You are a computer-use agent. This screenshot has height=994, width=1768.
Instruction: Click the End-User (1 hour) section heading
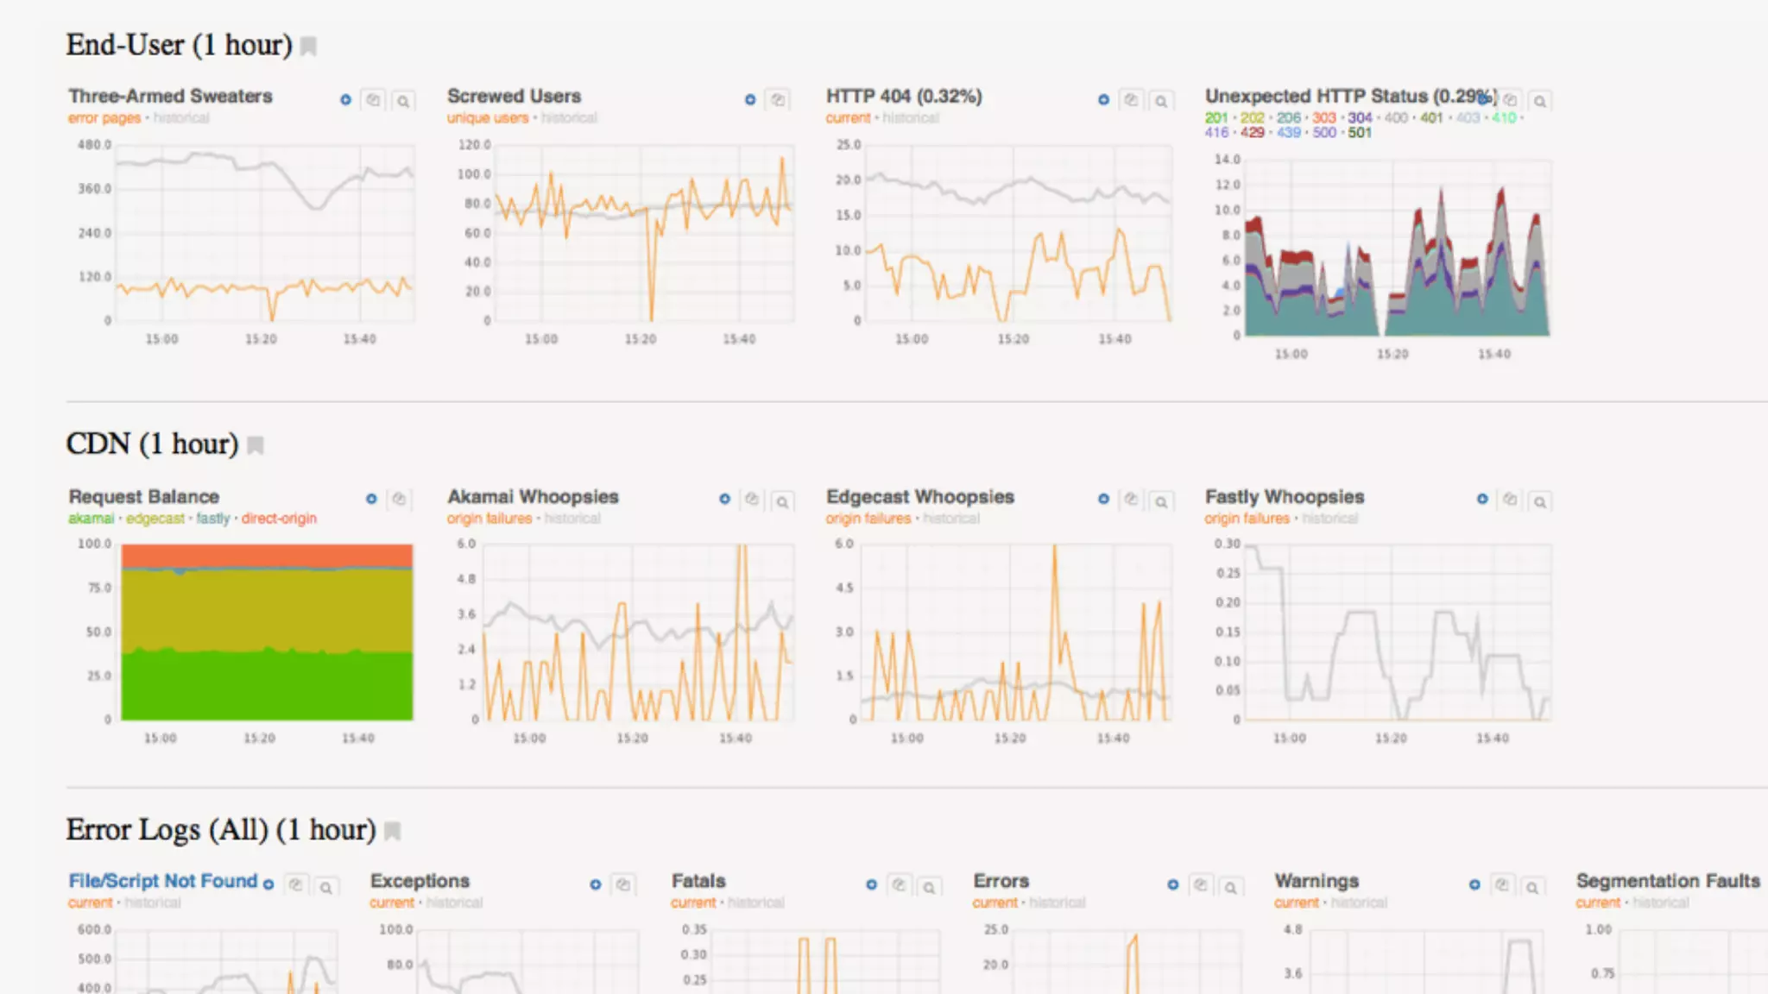click(x=180, y=45)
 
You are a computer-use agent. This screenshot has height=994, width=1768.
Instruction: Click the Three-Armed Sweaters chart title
click(x=170, y=96)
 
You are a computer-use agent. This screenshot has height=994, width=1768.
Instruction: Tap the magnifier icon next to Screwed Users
click(x=778, y=100)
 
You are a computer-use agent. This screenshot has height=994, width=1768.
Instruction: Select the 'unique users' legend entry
click(x=487, y=118)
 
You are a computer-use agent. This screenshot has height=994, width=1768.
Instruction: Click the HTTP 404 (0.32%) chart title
click(x=903, y=96)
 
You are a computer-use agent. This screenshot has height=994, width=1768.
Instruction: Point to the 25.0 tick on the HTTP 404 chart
click(x=848, y=145)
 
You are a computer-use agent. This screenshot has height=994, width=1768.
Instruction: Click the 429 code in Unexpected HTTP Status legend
click(x=1252, y=133)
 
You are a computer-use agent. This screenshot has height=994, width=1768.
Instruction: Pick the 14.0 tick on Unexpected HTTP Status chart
click(x=1227, y=160)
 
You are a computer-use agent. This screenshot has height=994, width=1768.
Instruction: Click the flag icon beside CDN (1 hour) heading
click(x=256, y=445)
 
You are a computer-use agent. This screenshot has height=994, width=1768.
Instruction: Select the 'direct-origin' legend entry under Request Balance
click(x=279, y=519)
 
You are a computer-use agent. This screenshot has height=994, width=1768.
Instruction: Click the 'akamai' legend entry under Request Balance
click(x=91, y=519)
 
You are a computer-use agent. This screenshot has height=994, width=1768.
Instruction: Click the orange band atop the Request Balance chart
click(x=267, y=555)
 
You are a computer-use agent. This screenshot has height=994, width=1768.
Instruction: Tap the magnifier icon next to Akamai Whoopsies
click(x=782, y=501)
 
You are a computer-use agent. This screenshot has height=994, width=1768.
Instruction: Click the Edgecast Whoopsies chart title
click(x=919, y=497)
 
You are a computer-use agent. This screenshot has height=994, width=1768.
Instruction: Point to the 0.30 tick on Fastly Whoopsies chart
click(x=1227, y=544)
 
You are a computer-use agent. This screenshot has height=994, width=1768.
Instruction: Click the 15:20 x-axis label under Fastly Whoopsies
click(x=1391, y=739)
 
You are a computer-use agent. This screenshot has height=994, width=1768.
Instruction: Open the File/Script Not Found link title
click(x=162, y=881)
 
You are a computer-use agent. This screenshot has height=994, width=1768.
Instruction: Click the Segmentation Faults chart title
click(x=1667, y=881)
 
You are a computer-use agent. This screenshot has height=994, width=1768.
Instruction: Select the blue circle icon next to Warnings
click(x=1474, y=885)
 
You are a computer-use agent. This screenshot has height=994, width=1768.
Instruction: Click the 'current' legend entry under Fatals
click(x=693, y=903)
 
